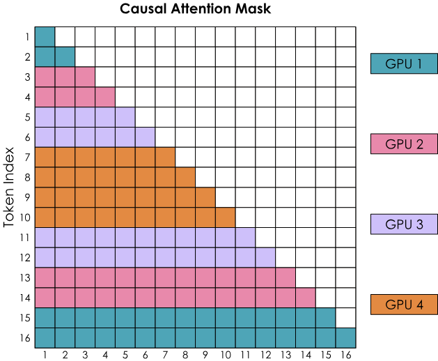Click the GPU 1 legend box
404,64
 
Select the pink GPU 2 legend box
404,144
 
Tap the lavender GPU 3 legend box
404,224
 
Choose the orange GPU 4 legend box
404,305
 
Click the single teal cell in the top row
45,37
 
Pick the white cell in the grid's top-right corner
345,37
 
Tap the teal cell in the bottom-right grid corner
345,338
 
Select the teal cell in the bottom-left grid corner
45,338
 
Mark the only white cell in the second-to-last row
345,318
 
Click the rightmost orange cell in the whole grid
225,217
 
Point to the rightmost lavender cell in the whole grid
265,258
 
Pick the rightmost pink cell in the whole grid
306,298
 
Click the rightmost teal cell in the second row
65,57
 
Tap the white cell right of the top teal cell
65,37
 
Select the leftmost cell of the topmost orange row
45,158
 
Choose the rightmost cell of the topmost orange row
165,158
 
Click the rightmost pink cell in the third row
85,77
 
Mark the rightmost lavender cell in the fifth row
125,117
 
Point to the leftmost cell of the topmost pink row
45,77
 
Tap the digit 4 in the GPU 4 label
419,305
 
